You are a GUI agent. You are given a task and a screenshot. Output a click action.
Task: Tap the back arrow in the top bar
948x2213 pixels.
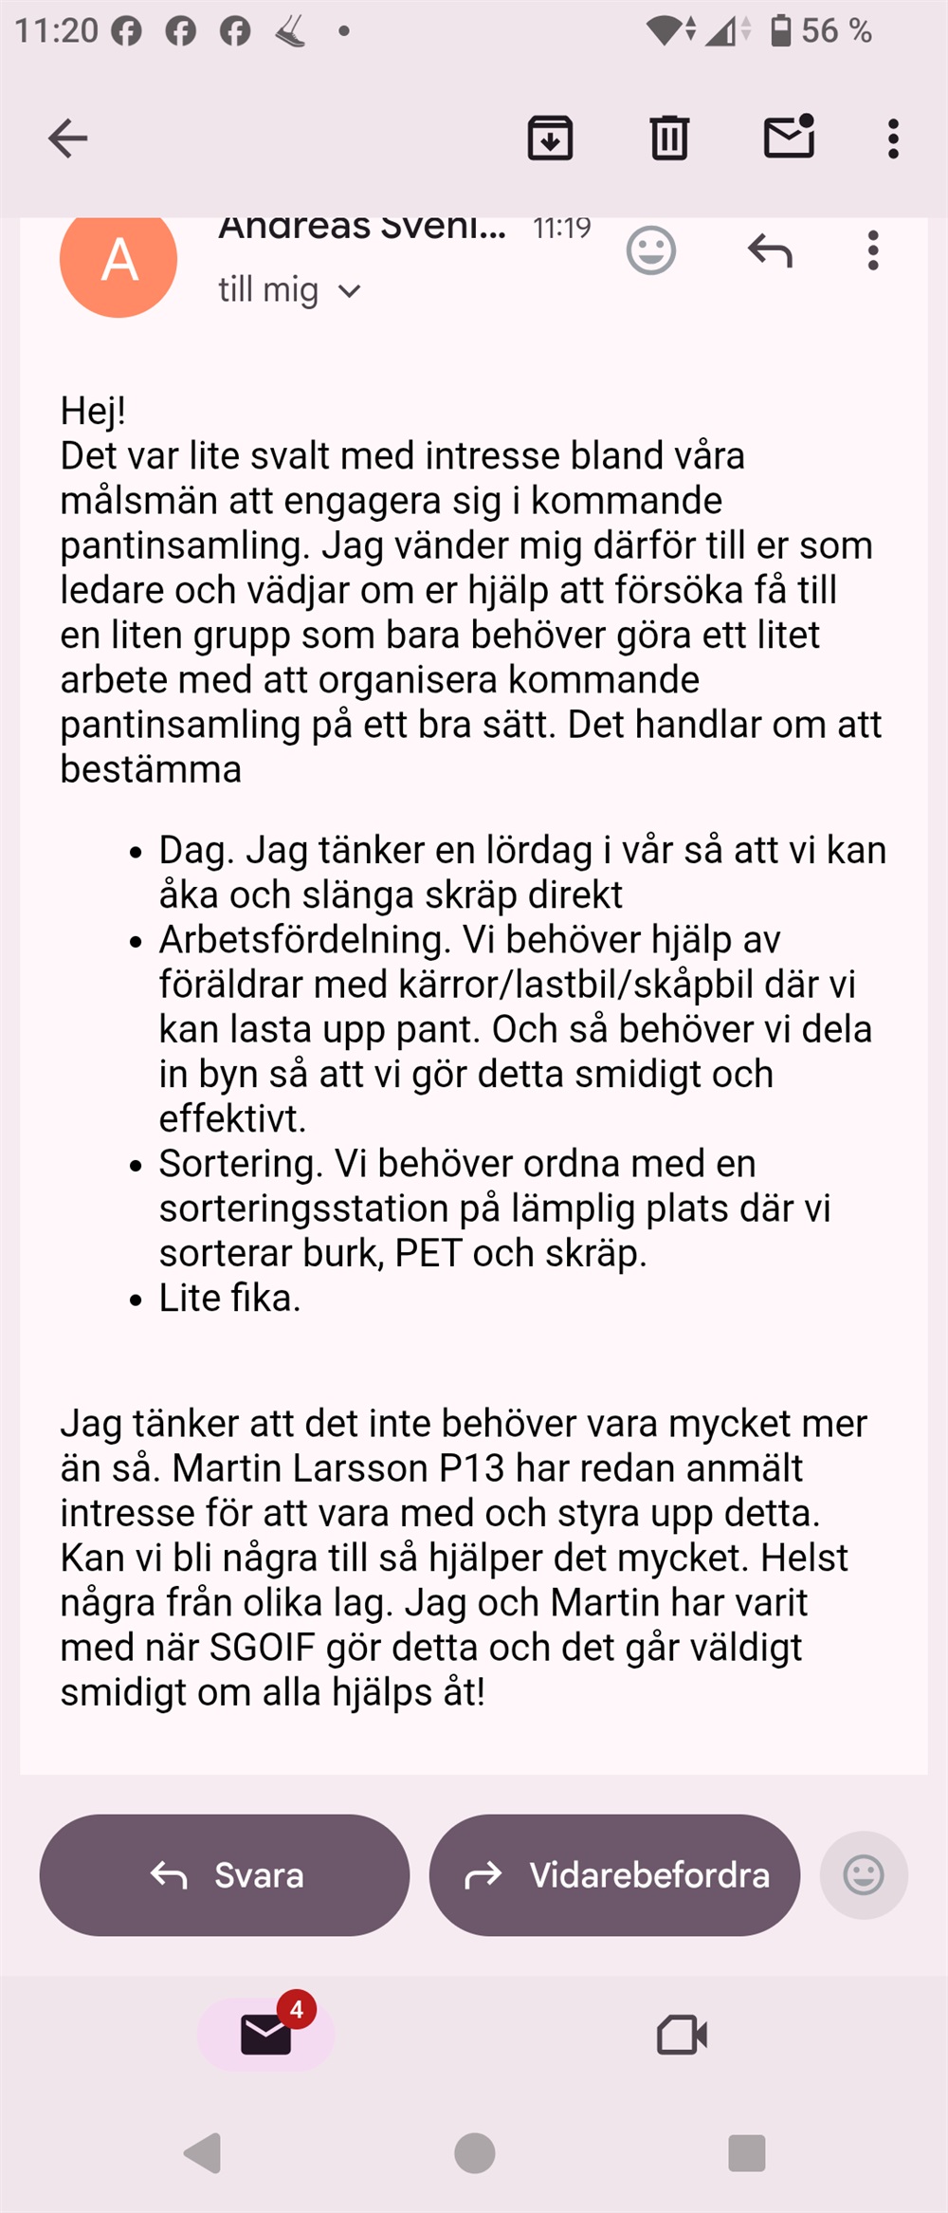[68, 138]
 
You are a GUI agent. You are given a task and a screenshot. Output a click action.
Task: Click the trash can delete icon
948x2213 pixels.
[669, 138]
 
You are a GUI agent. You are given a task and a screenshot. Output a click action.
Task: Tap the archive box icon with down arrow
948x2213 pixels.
[550, 138]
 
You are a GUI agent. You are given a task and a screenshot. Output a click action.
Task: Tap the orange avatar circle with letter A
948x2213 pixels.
[118, 260]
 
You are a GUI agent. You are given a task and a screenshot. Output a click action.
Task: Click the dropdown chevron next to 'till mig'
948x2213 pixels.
[350, 291]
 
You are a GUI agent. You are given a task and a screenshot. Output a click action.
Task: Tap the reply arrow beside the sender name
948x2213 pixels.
[770, 251]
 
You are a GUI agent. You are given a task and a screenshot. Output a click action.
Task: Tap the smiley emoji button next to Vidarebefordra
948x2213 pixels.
[863, 1874]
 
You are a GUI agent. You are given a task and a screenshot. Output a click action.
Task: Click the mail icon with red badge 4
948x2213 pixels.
[266, 2034]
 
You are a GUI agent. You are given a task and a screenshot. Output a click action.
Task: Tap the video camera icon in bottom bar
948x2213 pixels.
[682, 2034]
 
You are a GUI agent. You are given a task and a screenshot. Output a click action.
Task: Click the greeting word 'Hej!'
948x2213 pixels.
[93, 411]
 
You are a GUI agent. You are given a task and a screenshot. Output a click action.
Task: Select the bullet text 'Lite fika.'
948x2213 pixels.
[229, 1298]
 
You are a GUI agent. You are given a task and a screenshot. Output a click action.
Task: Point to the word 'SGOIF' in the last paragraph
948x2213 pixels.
[262, 1648]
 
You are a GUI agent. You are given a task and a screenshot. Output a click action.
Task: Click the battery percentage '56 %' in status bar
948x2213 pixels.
[835, 31]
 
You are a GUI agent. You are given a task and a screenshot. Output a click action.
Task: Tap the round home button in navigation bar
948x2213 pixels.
[474, 2152]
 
